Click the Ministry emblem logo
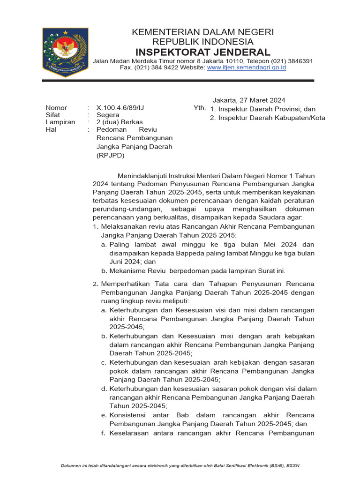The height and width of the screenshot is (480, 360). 65,52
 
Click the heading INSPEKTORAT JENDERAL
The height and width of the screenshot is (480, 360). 202,52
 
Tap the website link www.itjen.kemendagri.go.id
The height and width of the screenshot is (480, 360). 247,68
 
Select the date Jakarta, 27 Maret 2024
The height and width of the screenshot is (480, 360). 249,100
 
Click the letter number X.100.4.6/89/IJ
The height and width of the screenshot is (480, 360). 120,108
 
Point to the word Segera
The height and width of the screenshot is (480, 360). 108,115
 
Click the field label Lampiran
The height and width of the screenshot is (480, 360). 60,122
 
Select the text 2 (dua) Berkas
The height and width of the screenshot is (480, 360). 120,122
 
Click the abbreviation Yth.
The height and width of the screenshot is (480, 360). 199,108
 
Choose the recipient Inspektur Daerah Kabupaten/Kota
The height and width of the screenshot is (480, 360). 271,118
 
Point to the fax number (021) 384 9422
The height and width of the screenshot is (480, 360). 160,68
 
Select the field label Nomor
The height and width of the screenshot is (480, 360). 56,108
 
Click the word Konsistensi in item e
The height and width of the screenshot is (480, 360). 127,415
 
